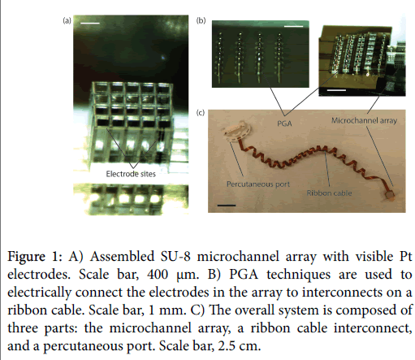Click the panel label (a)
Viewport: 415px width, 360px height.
[67, 20]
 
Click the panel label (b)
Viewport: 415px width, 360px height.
[201, 20]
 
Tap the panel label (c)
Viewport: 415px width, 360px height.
[201, 113]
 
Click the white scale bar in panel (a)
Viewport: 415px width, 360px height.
[90, 23]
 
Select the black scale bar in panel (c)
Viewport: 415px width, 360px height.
[227, 206]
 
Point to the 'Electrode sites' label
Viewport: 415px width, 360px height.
[131, 174]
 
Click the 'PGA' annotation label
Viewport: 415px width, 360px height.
[284, 124]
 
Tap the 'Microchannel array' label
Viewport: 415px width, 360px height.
[364, 120]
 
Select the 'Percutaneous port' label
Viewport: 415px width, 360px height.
[258, 184]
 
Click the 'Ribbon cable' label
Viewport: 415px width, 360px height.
[329, 193]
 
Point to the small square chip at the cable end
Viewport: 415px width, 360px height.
[388, 194]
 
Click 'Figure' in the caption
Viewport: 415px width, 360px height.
[26, 257]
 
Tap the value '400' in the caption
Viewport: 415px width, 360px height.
[158, 274]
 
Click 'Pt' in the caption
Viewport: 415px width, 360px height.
[406, 256]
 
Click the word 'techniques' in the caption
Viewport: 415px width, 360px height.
[299, 275]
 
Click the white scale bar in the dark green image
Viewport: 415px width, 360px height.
[294, 26]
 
